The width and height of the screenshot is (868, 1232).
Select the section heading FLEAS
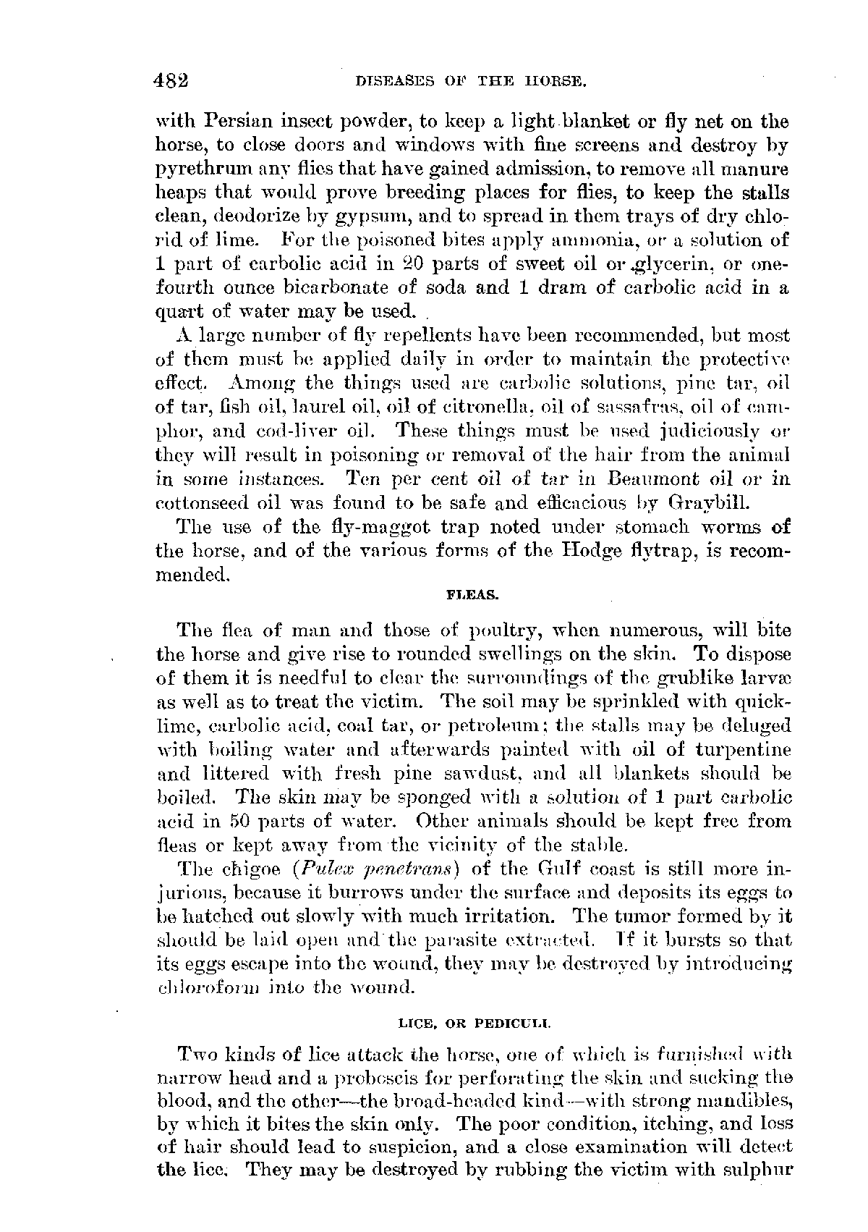[474, 595]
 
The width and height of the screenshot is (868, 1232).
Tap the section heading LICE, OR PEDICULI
[475, 1024]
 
